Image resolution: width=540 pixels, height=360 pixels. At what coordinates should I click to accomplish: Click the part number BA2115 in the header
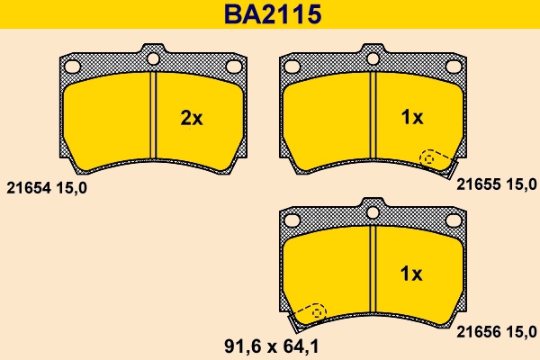point(270,14)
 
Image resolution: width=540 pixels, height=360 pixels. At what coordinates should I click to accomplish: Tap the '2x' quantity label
point(192,118)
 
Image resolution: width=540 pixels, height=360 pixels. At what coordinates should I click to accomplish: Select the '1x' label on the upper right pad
point(411,118)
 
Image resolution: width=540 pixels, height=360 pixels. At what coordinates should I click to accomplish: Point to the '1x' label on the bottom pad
point(411,273)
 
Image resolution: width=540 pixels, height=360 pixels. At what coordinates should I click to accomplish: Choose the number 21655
point(478,184)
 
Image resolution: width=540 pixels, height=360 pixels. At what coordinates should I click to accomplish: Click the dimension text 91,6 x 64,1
point(270,346)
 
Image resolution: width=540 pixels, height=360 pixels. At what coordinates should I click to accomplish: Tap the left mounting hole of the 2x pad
point(73,65)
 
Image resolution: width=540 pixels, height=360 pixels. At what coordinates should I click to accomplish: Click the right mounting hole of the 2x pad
point(234,66)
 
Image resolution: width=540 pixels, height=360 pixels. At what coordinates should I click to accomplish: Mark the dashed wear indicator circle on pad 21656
point(318,311)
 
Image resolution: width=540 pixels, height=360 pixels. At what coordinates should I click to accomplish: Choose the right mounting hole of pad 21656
point(454,220)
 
